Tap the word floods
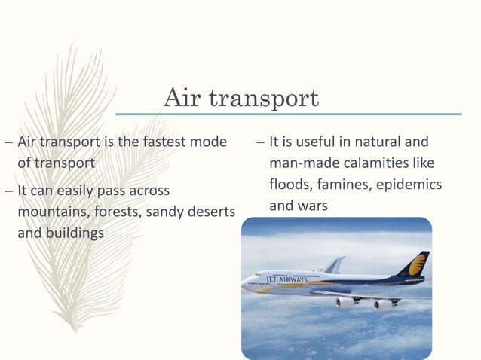(x=290, y=184)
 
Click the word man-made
(x=298, y=163)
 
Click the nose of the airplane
(x=246, y=285)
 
